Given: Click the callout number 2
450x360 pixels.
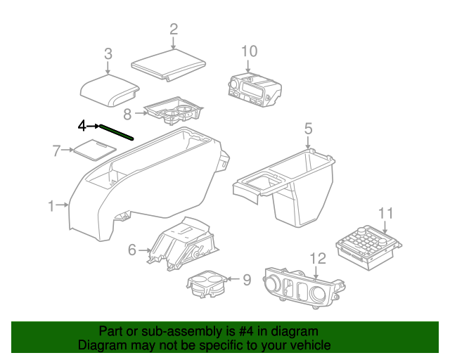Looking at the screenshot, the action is tap(174, 30).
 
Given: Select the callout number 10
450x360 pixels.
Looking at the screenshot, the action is tap(249, 51).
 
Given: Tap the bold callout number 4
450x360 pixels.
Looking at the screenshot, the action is tap(82, 126).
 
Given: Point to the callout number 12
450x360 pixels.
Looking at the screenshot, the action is tap(319, 258).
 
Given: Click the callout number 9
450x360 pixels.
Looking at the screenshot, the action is tap(247, 280).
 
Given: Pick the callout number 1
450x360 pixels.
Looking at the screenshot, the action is tap(51, 206).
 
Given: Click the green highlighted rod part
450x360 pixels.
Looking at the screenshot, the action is tap(117, 133).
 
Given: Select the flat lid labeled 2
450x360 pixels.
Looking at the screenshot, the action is tap(169, 65).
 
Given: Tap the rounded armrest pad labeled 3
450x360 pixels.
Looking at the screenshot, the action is tap(110, 90).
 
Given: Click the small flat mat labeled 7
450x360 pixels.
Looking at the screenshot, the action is tap(95, 150).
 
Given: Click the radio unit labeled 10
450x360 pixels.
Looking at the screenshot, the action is tap(255, 89).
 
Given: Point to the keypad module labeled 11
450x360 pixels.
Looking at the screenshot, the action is tap(368, 247).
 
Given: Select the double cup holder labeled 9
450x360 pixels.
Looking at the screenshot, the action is tap(207, 284).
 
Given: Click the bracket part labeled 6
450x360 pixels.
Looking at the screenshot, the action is tap(183, 244).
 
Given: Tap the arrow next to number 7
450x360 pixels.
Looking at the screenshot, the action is tap(67, 150).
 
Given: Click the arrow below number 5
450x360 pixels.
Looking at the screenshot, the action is tap(308, 143).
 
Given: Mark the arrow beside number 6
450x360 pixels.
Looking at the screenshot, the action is tap(144, 250).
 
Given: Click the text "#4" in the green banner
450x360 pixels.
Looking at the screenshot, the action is tap(246, 331).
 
